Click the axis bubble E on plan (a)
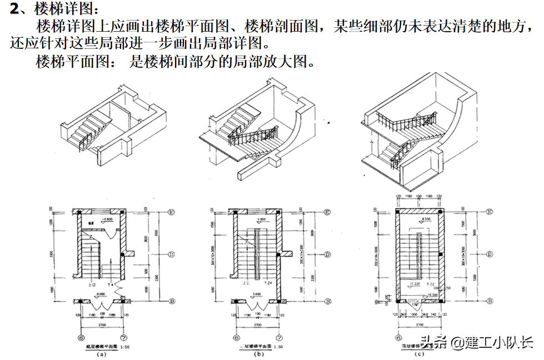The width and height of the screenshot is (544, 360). pos(172,212)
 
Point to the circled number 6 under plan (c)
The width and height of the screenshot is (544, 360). pos(398,337)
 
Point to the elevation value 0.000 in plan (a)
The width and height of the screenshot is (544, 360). pos(100,294)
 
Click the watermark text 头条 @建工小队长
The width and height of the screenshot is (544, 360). pos(477,342)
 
